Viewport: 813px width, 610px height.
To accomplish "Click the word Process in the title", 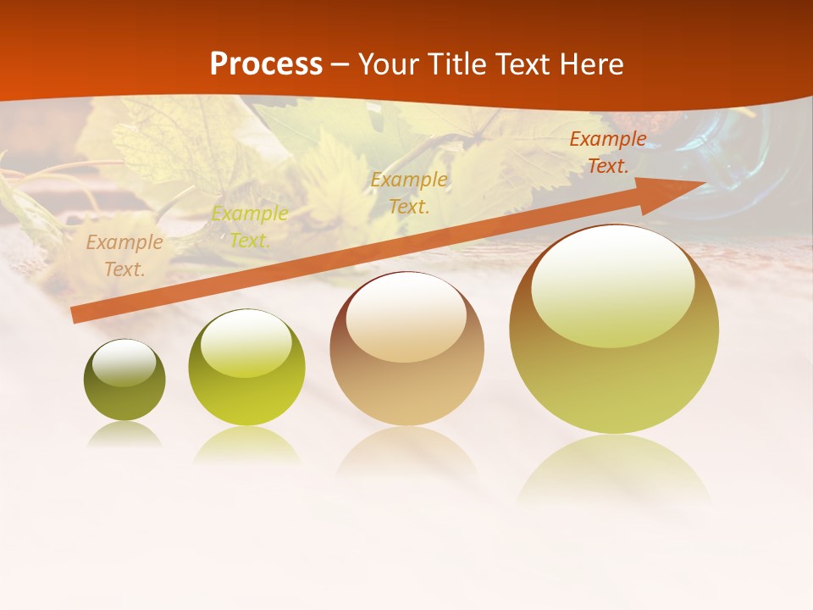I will coord(266,64).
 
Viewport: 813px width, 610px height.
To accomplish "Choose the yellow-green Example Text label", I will coord(250,227).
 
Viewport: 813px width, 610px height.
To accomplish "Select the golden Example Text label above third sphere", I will coord(409,192).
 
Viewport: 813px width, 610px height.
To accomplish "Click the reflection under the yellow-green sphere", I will coord(246,444).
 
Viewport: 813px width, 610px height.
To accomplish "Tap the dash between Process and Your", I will coord(340,64).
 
